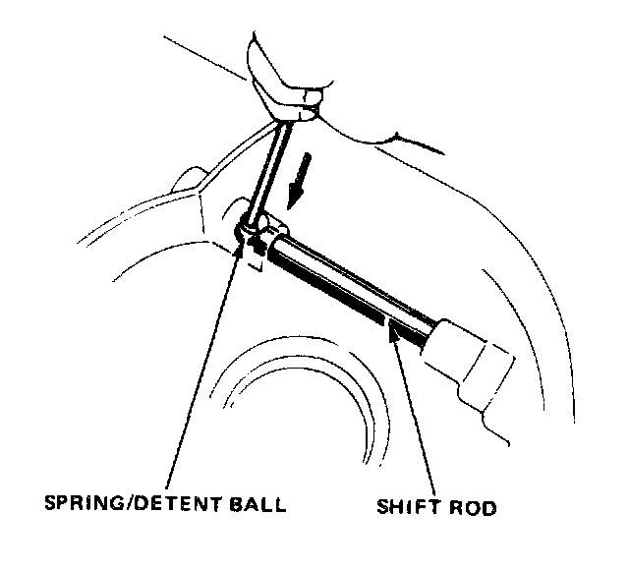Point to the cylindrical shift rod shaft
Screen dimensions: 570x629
[x=354, y=285]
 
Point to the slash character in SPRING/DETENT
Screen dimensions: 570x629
[x=122, y=507]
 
